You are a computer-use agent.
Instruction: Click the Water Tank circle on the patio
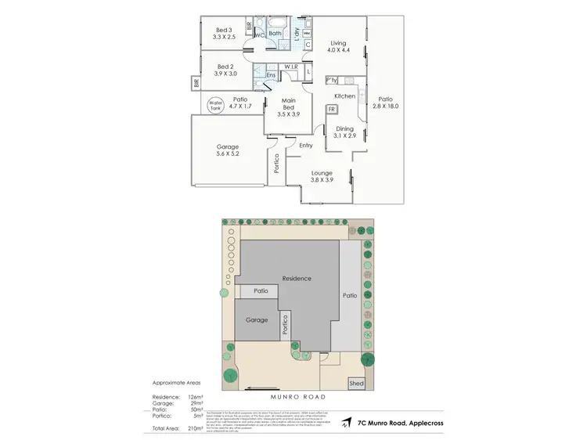pyautogui.click(x=215, y=105)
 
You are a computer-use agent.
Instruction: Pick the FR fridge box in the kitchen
pyautogui.click(x=332, y=108)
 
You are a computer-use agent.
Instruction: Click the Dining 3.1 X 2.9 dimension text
pyautogui.click(x=344, y=136)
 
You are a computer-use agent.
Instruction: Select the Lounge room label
pyautogui.click(x=322, y=172)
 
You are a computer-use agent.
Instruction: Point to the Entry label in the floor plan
pyautogui.click(x=305, y=146)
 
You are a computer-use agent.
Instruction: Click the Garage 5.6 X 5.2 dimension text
pyautogui.click(x=228, y=154)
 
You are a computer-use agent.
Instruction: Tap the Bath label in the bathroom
pyautogui.click(x=275, y=34)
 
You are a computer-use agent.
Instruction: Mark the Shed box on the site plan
pyautogui.click(x=357, y=384)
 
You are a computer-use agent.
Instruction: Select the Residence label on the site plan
pyautogui.click(x=297, y=278)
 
